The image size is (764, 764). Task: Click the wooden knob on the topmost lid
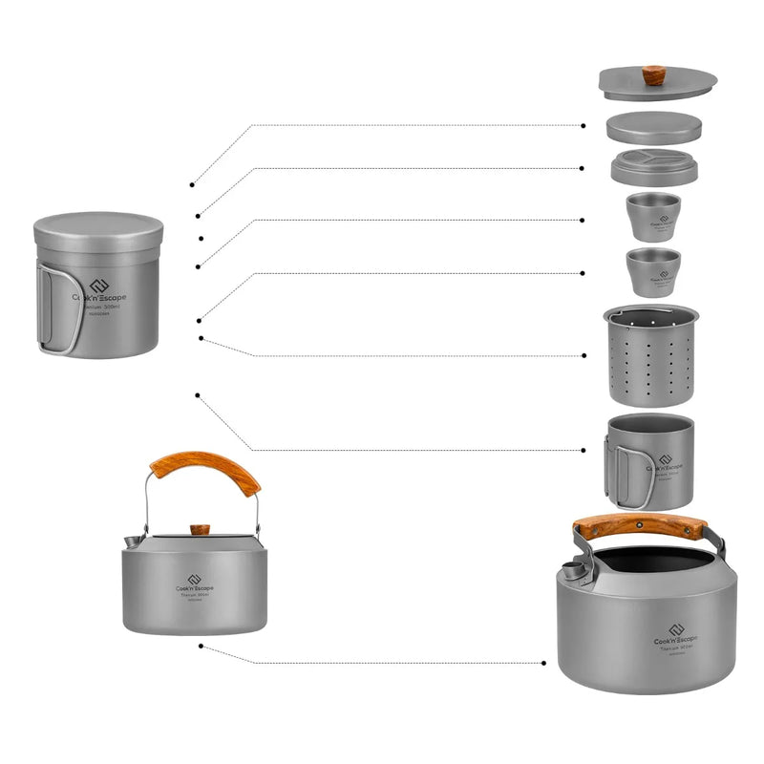(x=653, y=74)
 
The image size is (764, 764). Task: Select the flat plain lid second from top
(x=654, y=127)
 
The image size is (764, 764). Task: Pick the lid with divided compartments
(x=654, y=165)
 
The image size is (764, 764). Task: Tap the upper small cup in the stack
(x=653, y=217)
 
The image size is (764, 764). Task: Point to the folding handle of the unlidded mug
(x=613, y=465)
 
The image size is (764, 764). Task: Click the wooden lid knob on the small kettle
(x=200, y=528)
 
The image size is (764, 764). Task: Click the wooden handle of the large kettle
(x=640, y=525)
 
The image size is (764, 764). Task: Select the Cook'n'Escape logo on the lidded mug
(x=98, y=291)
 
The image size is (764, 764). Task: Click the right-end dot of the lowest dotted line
(x=544, y=662)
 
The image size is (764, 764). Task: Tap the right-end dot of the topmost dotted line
(x=584, y=125)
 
